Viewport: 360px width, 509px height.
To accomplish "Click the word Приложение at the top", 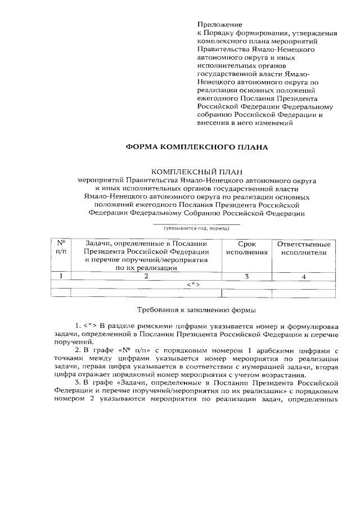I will [x=219, y=25].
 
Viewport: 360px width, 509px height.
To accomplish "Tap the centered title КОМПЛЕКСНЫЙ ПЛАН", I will [x=196, y=172].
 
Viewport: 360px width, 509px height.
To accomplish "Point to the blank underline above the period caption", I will [x=196, y=224].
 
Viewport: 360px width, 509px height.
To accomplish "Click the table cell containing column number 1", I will [x=61, y=276].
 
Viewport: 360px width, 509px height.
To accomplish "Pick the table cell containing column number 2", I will [x=146, y=276].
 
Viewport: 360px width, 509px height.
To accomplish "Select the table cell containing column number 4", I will [x=304, y=276].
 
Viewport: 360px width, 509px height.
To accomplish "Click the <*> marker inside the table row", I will [x=194, y=285].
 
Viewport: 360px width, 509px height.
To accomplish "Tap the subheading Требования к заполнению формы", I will [x=196, y=310].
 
